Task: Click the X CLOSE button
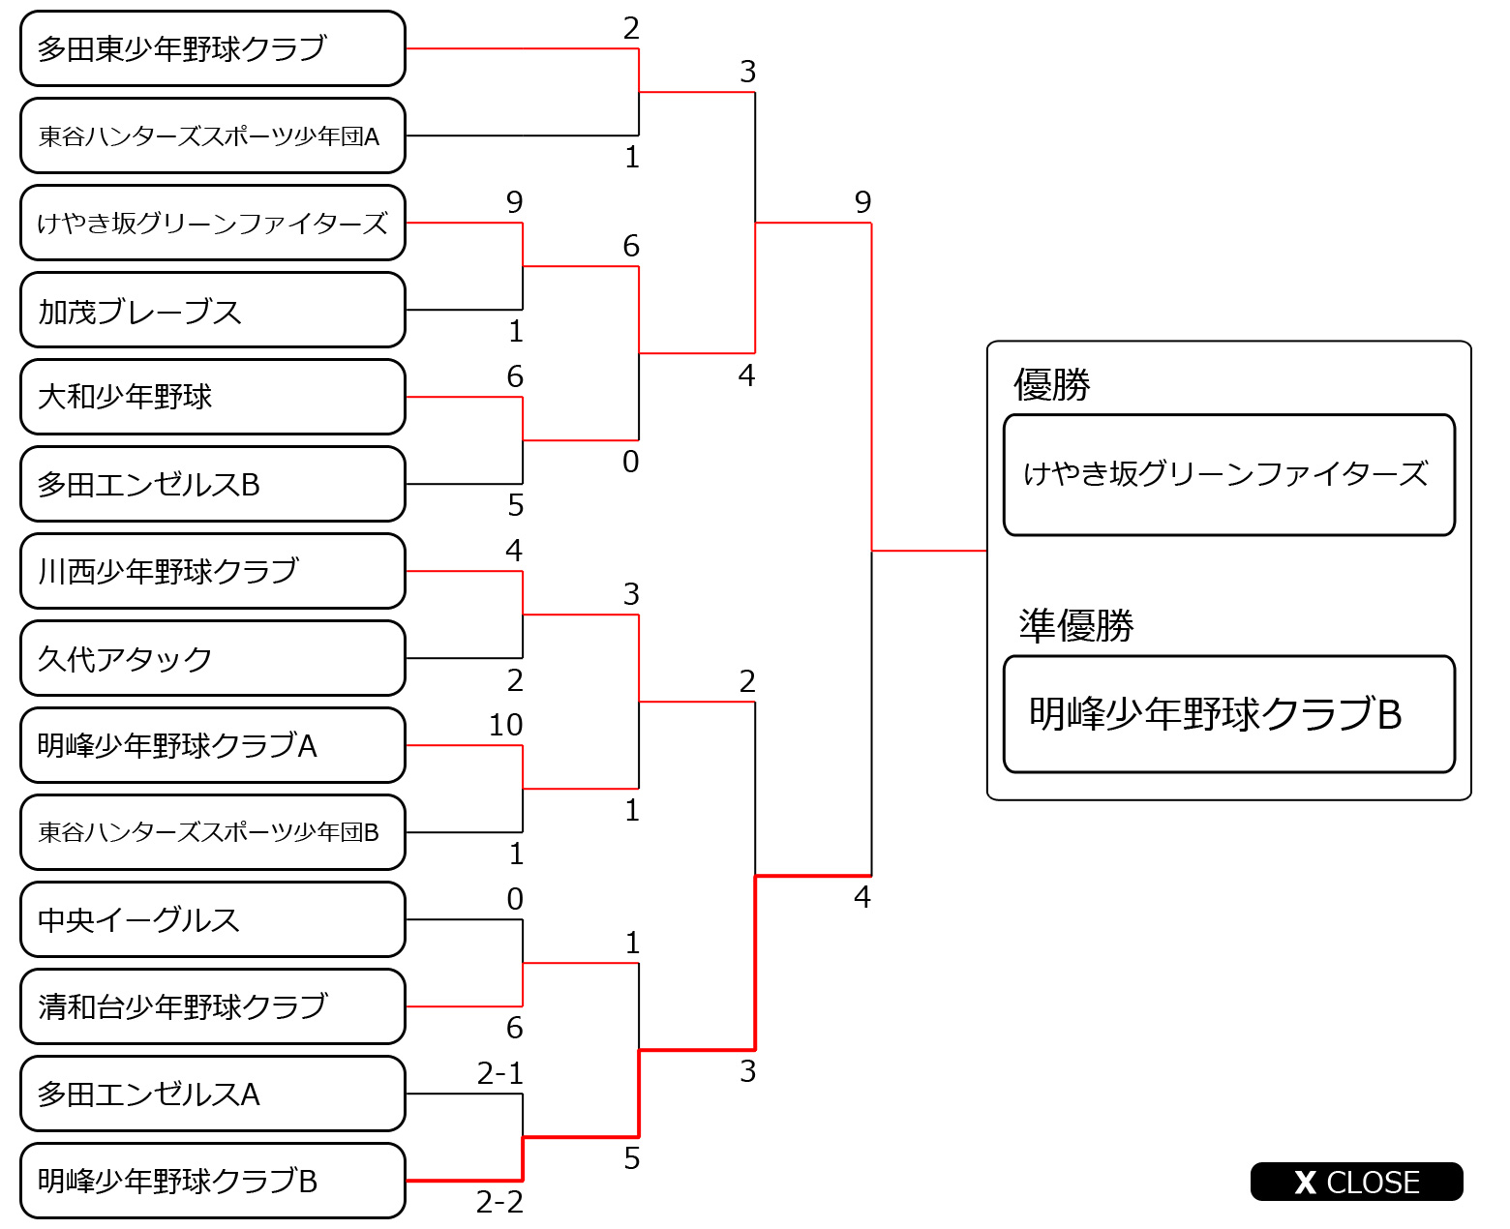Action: click(x=1356, y=1182)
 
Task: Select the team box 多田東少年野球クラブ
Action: click(x=212, y=48)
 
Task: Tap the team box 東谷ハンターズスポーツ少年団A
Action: click(x=212, y=135)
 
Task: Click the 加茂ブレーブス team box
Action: click(x=212, y=310)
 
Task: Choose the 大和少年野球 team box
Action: click(x=212, y=397)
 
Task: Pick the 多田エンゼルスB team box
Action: click(x=212, y=484)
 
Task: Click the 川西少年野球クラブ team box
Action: click(x=212, y=571)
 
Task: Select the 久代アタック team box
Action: click(x=212, y=658)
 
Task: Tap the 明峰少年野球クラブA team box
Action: click(x=212, y=745)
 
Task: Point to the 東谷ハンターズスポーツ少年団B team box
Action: click(x=212, y=832)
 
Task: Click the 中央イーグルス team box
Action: click(x=212, y=919)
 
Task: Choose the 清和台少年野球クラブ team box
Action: click(x=212, y=1006)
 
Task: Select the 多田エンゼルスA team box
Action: click(x=212, y=1094)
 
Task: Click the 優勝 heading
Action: click(x=1052, y=385)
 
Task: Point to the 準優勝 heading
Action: click(x=1076, y=626)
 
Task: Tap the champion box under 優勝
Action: click(x=1228, y=474)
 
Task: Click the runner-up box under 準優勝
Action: click(x=1228, y=714)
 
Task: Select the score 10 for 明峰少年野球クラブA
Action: click(x=505, y=725)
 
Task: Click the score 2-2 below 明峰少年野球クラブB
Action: click(x=499, y=1202)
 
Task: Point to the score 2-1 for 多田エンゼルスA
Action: click(x=499, y=1073)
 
